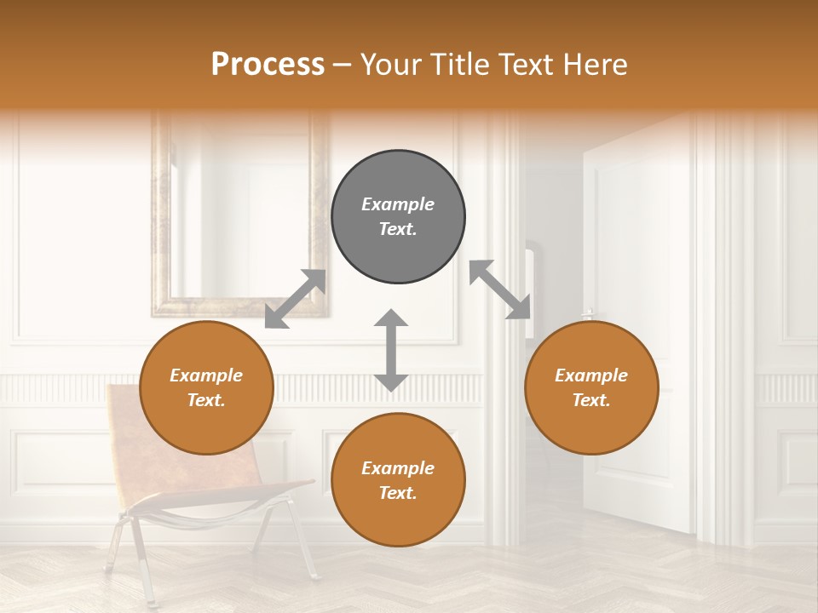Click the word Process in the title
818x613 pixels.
pyautogui.click(x=268, y=65)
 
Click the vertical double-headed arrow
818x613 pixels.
pyautogui.click(x=391, y=350)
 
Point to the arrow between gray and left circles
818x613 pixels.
pyautogui.click(x=295, y=299)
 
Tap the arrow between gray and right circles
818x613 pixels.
pyautogui.click(x=500, y=289)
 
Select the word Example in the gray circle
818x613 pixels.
pyautogui.click(x=398, y=204)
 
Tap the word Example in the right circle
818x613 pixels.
pyautogui.click(x=591, y=375)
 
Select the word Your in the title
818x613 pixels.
pyautogui.click(x=389, y=65)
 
